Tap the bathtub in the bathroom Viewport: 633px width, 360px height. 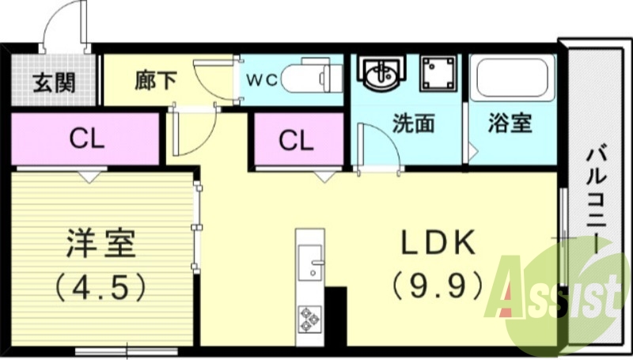coord(512,78)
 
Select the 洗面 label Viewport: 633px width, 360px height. coord(414,124)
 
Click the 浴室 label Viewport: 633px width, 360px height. coord(510,124)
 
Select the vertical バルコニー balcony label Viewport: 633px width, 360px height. coord(595,198)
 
